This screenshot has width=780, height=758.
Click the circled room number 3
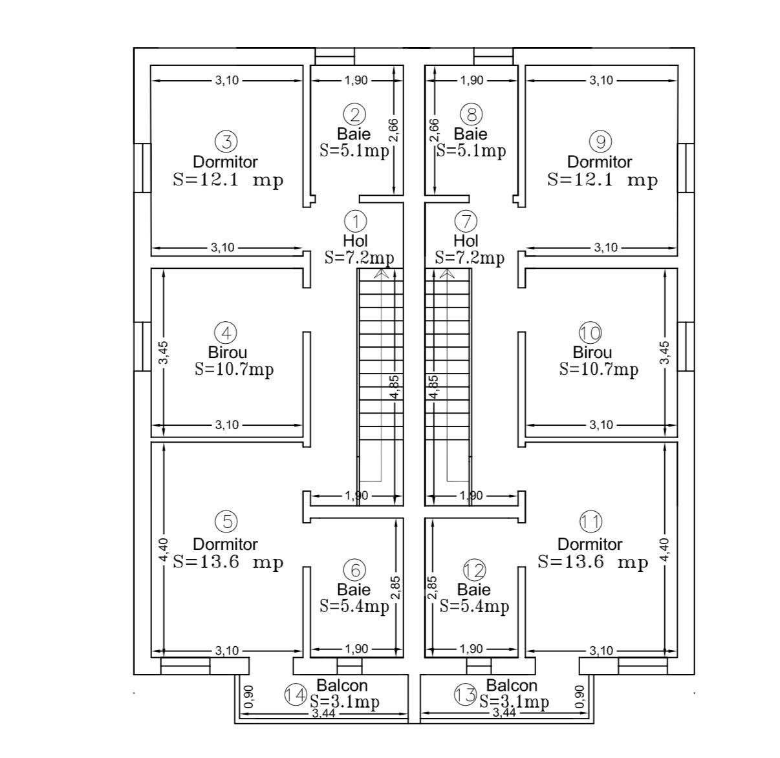(226, 142)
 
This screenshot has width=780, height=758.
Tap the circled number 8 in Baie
(471, 114)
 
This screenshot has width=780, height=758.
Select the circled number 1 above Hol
(356, 221)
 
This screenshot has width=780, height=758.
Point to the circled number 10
(590, 333)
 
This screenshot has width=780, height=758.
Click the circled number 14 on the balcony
(296, 695)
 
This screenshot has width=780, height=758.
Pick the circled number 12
(474, 570)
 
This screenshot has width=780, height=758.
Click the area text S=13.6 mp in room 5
(228, 562)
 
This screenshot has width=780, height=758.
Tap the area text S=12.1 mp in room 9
(602, 180)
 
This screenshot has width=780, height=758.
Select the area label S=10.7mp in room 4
(234, 369)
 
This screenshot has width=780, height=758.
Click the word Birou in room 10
(592, 352)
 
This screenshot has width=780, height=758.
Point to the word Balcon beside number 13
(512, 686)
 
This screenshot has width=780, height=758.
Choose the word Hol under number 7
(466, 240)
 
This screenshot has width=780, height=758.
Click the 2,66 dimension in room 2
(394, 130)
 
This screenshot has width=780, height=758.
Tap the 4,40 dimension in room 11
(664, 550)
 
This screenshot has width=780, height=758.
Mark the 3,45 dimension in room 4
(163, 353)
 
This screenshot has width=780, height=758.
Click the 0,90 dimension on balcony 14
(248, 697)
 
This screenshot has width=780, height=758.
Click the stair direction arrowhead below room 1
(381, 273)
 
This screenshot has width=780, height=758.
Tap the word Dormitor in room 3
(225, 162)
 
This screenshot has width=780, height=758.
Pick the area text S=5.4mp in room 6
(354, 606)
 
